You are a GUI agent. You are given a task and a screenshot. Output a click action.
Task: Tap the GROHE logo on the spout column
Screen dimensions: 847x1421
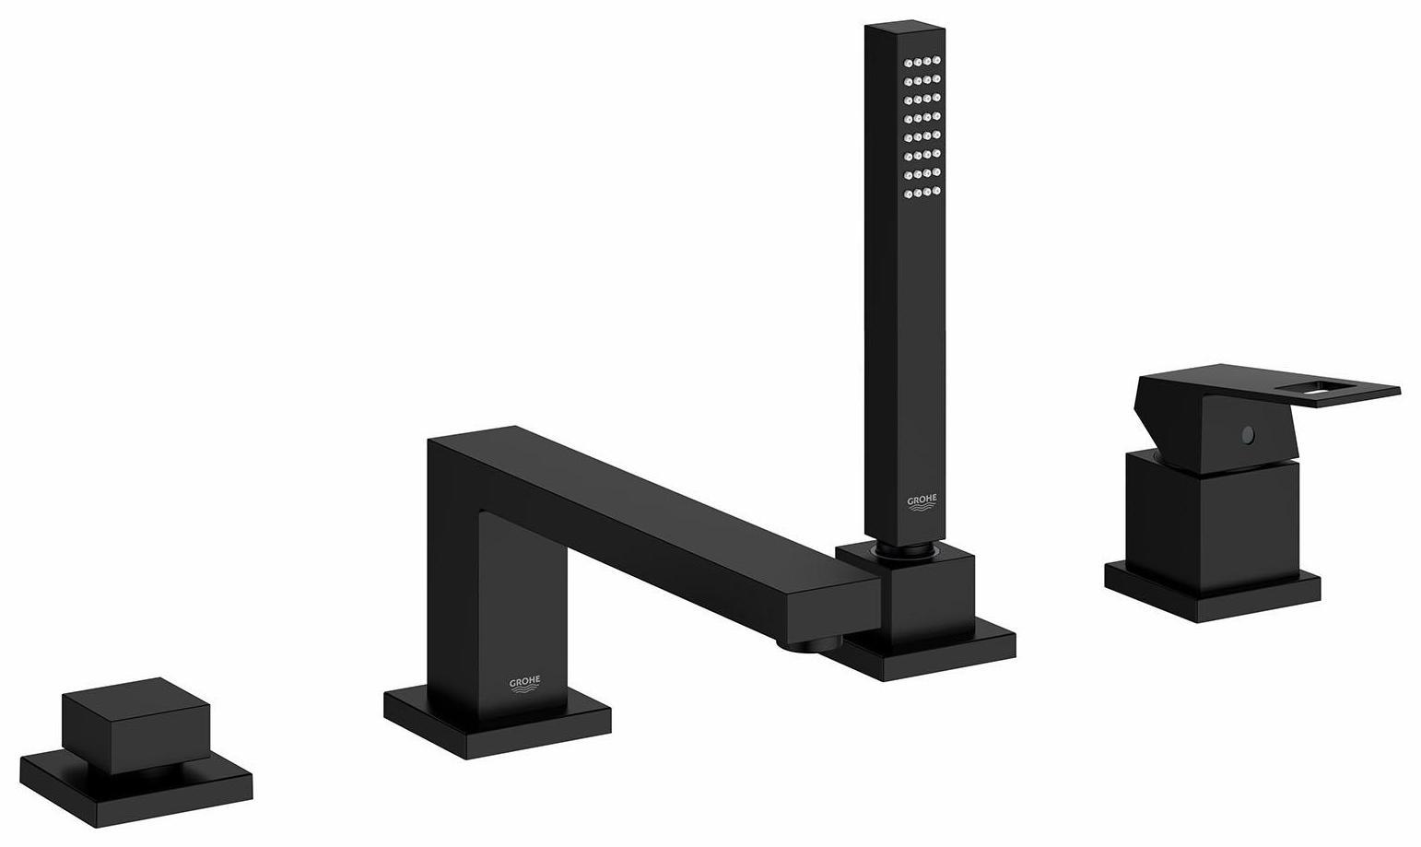pos(525,683)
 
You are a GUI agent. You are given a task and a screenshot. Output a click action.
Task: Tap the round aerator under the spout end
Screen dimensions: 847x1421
pos(809,644)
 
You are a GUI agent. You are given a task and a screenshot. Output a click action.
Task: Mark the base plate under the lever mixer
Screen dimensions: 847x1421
pos(1212,590)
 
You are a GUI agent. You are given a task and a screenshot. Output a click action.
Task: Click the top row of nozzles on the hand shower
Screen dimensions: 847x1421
pos(922,63)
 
